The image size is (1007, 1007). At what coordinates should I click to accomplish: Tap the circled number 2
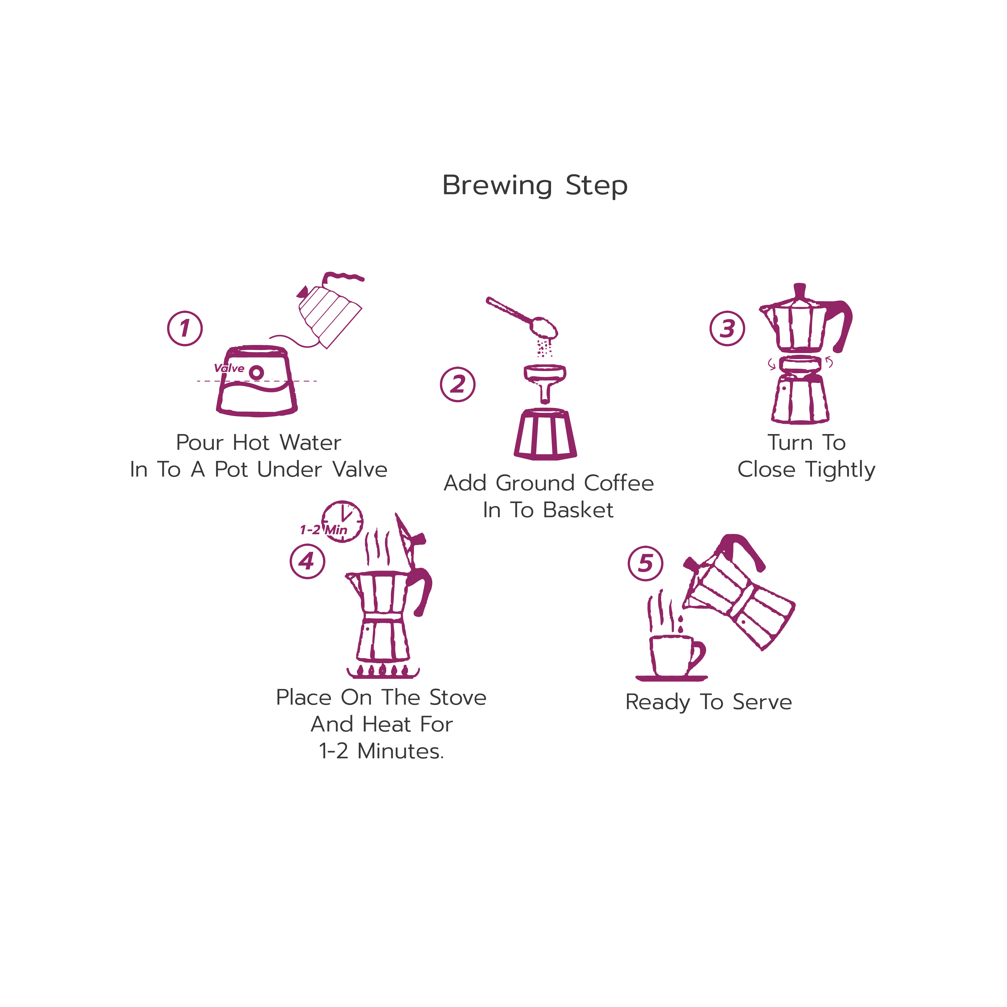pyautogui.click(x=458, y=385)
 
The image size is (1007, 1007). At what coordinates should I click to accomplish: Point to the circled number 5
pyautogui.click(x=646, y=563)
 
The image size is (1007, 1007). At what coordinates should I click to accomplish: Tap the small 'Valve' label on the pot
pyautogui.click(x=229, y=368)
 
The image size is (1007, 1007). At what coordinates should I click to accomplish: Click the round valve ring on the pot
pyautogui.click(x=256, y=373)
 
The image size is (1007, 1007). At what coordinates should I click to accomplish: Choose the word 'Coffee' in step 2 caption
pyautogui.click(x=619, y=483)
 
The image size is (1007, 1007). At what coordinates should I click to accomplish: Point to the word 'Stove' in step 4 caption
pyautogui.click(x=458, y=697)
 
